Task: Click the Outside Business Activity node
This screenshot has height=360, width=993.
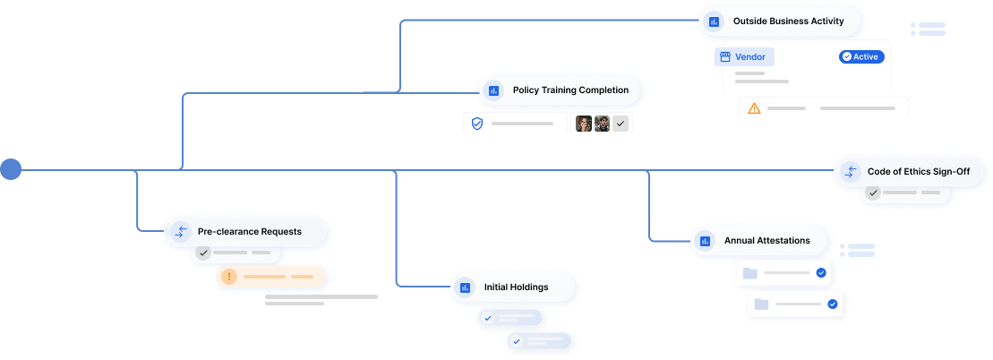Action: coord(783,21)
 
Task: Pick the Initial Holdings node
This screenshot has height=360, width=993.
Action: coord(515,287)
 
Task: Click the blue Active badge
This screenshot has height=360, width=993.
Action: coord(860,56)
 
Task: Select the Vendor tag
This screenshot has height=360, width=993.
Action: coord(744,56)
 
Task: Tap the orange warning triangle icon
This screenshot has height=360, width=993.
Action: coord(754,107)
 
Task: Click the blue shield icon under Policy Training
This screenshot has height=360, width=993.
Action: coord(477,123)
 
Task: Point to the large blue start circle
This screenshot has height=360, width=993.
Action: coord(11,168)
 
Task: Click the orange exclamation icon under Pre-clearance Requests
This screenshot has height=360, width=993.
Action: coord(229,277)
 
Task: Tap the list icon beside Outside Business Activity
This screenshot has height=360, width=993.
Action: coord(929,29)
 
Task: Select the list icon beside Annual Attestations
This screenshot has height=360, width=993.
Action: coord(857,250)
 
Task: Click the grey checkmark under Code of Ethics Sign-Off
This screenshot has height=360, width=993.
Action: coord(873,193)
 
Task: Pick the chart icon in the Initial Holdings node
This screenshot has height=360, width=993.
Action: coord(465,287)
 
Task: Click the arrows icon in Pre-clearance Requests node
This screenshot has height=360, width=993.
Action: coord(180,231)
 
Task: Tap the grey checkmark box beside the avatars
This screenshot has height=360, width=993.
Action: coord(621,124)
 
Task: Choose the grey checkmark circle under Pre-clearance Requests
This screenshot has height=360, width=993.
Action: coord(204,253)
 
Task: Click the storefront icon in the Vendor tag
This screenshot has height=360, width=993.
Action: coord(724,56)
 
